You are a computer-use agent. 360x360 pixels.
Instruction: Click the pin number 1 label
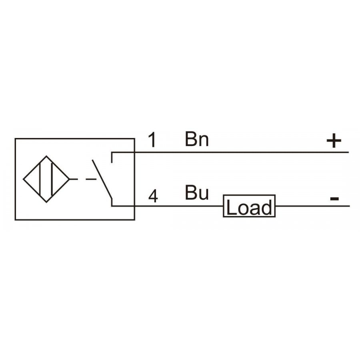pos(152,140)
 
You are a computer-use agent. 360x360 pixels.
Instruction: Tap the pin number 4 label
pos(153,196)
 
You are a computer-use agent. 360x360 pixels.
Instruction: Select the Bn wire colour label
pos(197,139)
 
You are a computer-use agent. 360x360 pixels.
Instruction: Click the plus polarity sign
pos(334,141)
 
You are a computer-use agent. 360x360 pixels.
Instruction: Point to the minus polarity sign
pos(334,198)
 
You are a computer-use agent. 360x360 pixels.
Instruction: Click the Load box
pos(249,206)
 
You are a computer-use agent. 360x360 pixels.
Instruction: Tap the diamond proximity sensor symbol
pos(46,179)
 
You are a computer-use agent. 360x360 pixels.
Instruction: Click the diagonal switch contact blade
pos(102,179)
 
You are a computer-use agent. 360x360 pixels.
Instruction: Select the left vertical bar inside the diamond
pos(40,179)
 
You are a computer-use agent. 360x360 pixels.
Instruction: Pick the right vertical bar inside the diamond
pos(52,179)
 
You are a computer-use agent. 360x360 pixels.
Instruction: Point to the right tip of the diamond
pos(69,179)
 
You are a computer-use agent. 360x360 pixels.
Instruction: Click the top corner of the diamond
pos(46,156)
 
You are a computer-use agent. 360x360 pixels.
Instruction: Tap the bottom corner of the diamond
pos(46,202)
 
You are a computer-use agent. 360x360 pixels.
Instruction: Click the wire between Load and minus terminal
pos(312,206)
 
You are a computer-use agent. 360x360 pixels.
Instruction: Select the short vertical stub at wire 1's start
pos(112,157)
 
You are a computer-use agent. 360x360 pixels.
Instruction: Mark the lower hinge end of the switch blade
pos(112,198)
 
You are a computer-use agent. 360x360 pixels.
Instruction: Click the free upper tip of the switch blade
pos(92,160)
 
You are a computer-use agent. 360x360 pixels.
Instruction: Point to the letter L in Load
pos(231,207)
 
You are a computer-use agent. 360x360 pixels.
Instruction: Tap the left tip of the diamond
pos(23,179)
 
